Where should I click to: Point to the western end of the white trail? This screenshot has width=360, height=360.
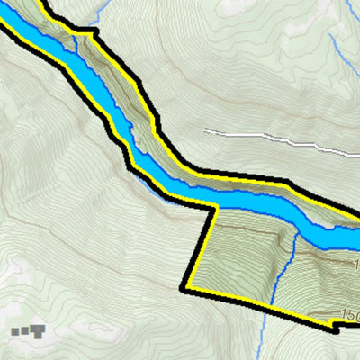[x=205, y=131]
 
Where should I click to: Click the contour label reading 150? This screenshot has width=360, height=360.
[x=351, y=315]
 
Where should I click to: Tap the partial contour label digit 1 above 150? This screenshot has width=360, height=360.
[x=356, y=265]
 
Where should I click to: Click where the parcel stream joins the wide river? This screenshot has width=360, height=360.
[x=294, y=232]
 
